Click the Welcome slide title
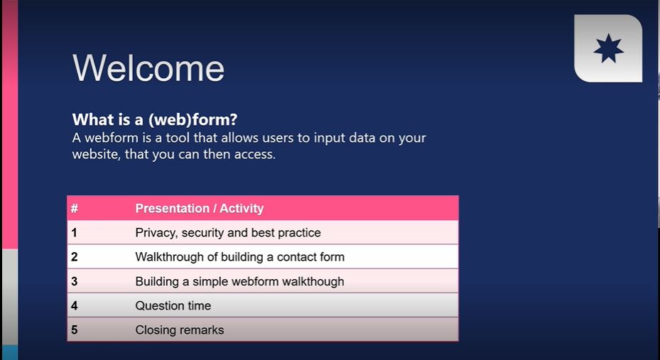[x=148, y=68]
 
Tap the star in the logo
[x=608, y=49]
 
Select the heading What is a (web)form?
[x=155, y=120]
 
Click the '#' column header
[x=75, y=208]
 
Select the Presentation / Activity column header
[x=200, y=208]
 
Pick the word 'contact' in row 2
[x=297, y=257]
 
